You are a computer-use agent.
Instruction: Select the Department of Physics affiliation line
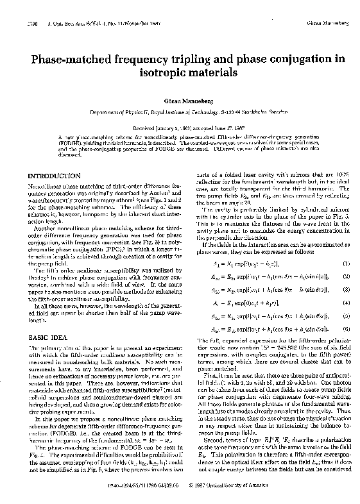click(180, 112)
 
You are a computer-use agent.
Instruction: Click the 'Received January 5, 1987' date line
click(180, 127)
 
